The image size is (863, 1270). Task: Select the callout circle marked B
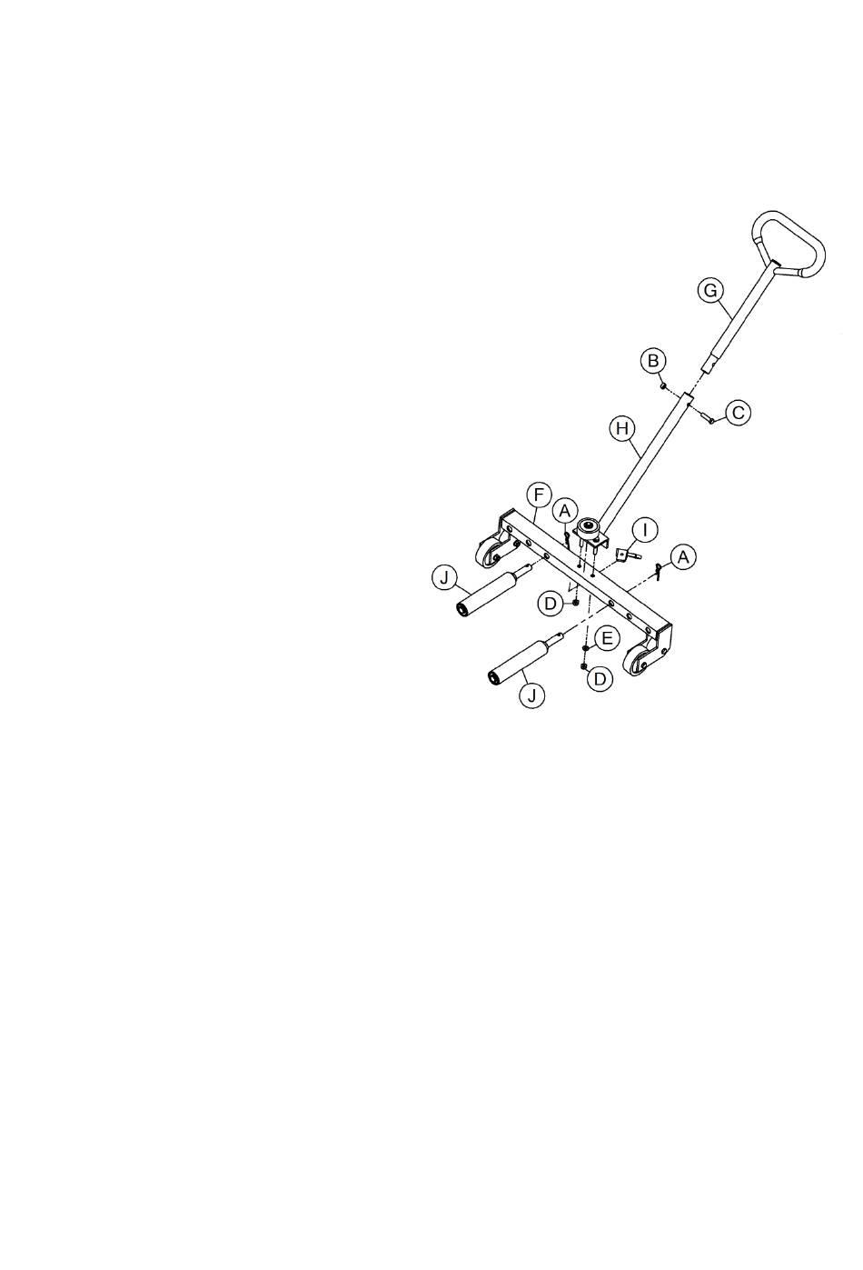tap(653, 361)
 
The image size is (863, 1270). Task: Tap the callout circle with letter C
tap(739, 412)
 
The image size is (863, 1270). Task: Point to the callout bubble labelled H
tap(622, 428)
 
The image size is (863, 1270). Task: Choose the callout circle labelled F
tap(539, 495)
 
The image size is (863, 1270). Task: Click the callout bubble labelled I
tap(645, 530)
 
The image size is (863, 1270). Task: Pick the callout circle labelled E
tap(606, 639)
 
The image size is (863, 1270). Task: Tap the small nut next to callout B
tap(663, 386)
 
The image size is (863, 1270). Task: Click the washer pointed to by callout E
tap(585, 648)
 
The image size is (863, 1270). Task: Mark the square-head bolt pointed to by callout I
tap(626, 555)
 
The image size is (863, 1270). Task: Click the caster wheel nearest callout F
tap(488, 553)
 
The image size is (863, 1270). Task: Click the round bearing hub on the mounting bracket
tap(587, 528)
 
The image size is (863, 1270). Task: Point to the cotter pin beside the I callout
tap(659, 571)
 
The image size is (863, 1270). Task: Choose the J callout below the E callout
tap(531, 695)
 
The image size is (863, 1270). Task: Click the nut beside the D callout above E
tap(575, 603)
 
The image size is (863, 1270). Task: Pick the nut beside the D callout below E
tap(583, 666)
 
